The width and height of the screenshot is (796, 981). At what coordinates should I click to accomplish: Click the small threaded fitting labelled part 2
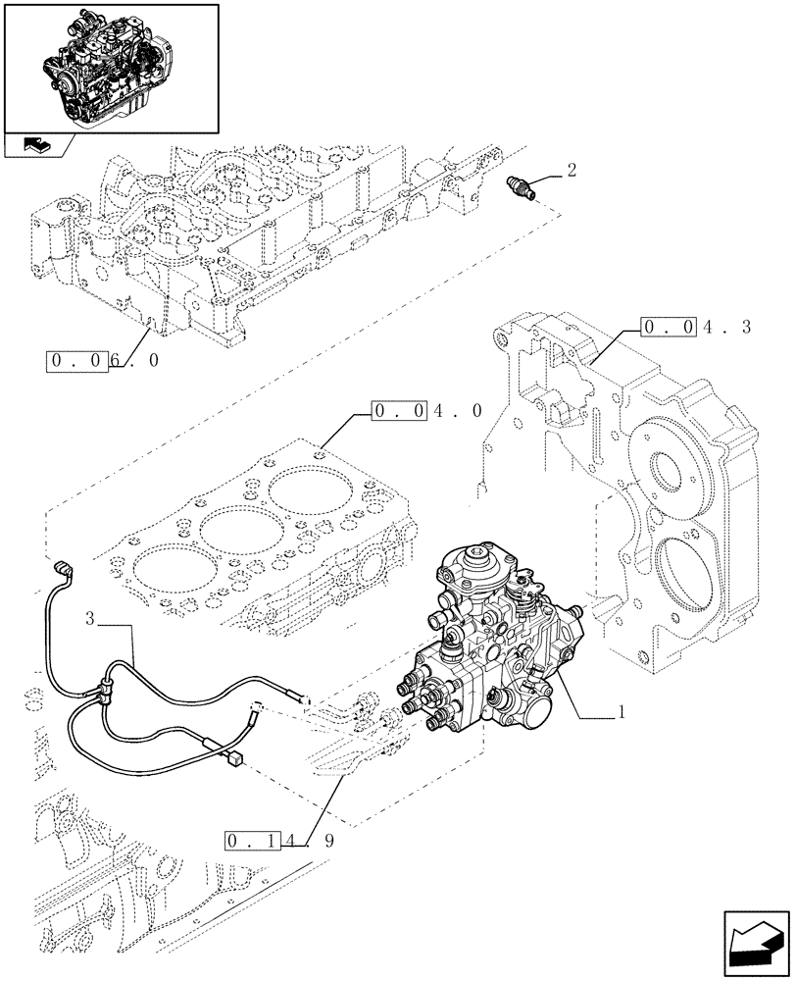point(523,186)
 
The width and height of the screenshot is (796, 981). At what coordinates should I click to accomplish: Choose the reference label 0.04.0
point(426,411)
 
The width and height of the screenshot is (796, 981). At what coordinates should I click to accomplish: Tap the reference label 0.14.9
point(278,842)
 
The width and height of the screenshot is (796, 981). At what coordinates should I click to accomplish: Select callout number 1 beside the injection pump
point(621,714)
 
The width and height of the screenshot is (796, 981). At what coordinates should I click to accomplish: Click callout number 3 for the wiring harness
point(90,619)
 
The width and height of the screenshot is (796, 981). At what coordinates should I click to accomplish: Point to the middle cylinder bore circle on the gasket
point(231,531)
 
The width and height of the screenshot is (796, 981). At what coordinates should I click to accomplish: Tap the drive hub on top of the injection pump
point(480,564)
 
